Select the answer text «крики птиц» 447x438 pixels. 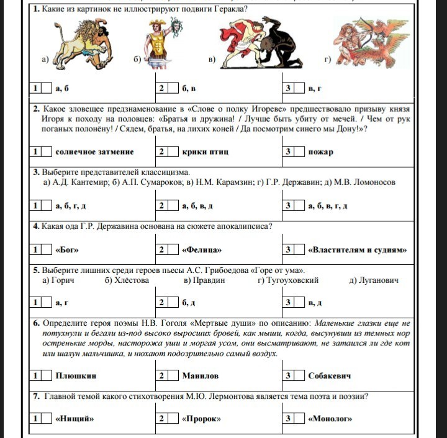(x=206, y=151)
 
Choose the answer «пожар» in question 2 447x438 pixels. (x=320, y=151)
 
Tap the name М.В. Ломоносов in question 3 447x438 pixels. (x=364, y=182)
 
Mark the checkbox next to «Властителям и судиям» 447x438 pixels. (x=299, y=250)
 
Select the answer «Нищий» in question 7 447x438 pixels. (x=74, y=419)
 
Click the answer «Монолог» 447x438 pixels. (x=329, y=419)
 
